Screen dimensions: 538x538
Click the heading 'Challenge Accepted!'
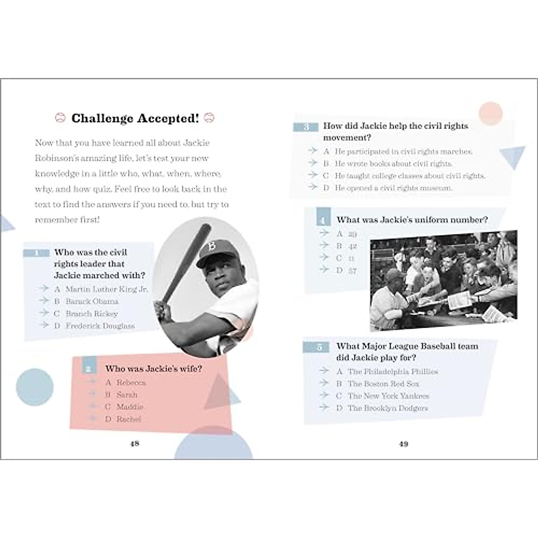[x=134, y=118]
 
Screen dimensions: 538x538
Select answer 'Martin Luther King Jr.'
[x=106, y=289]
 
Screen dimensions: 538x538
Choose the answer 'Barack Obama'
[x=92, y=301]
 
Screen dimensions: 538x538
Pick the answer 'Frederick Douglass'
[x=100, y=326]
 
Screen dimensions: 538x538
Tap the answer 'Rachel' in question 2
[x=129, y=419]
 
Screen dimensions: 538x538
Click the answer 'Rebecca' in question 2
[x=131, y=382]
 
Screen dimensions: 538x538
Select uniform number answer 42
[x=352, y=246]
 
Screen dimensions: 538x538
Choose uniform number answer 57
[x=352, y=270]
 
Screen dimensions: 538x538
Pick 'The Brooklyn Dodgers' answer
[x=388, y=408]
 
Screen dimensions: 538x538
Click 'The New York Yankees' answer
[x=388, y=396]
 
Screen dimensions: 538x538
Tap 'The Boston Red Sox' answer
[x=383, y=384]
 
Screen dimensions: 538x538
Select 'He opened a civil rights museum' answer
[x=393, y=188]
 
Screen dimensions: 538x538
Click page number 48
[x=134, y=444]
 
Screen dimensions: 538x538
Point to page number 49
[x=403, y=444]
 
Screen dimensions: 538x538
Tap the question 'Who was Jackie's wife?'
[x=153, y=369]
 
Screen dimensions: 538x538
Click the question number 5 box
[x=319, y=347]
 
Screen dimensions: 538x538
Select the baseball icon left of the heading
[x=60, y=118]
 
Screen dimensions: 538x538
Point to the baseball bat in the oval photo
[x=185, y=265]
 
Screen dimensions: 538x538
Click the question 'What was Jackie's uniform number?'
[x=412, y=220]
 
